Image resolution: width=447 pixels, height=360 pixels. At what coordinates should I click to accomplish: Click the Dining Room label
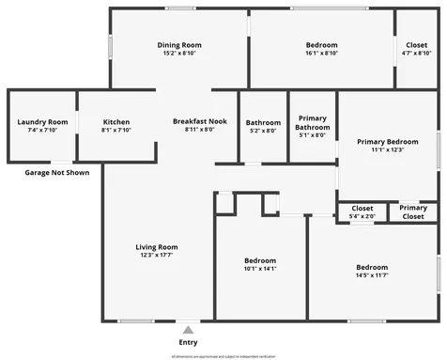(178, 45)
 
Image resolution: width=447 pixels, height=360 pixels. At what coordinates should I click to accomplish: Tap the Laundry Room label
(42, 121)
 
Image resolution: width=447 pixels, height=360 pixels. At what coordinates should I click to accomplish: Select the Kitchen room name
(116, 121)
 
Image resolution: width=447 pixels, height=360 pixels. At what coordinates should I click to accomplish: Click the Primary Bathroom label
(311, 122)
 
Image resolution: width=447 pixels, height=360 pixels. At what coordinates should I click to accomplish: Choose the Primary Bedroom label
(387, 141)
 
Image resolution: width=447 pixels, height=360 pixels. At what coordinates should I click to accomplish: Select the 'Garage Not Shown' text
(56, 173)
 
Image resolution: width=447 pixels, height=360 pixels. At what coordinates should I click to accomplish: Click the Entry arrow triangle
(188, 330)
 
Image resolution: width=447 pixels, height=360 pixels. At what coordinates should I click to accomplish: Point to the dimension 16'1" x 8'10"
(322, 55)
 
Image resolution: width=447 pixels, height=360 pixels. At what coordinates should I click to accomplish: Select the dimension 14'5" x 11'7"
(372, 275)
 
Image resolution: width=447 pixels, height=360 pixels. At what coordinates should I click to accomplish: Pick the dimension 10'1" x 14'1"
(261, 269)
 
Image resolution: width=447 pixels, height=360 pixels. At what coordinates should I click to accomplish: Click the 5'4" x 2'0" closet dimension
(362, 217)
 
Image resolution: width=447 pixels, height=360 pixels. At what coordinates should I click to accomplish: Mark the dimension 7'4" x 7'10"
(42, 131)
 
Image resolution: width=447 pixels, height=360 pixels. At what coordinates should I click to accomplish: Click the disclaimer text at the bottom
(223, 355)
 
